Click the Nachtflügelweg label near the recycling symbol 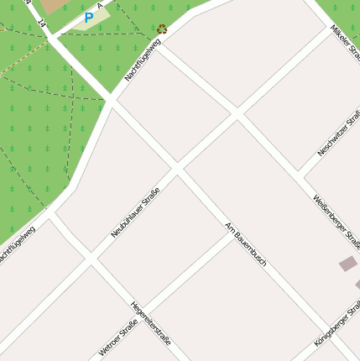tap(143, 61)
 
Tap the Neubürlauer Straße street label tap(135, 213)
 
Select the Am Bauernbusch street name tap(246, 243)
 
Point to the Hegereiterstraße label tap(151, 323)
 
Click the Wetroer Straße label tap(117, 338)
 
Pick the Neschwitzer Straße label tap(340, 132)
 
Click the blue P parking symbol tap(89, 17)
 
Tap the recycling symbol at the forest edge tap(161, 29)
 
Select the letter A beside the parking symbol tap(100, 5)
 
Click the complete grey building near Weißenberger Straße tap(347, 264)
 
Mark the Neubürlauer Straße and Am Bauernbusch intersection tap(176, 170)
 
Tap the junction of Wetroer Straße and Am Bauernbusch tap(232, 233)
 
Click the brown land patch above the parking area tap(53, 6)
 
